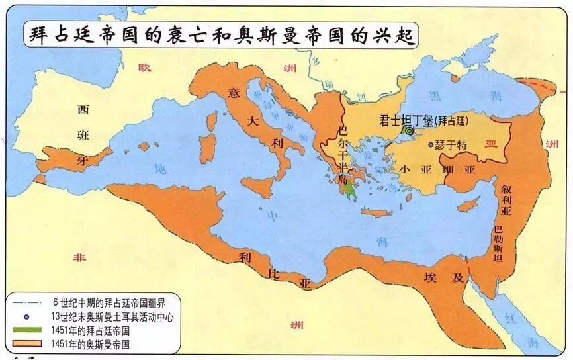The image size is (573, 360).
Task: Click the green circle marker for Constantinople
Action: [x=410, y=131]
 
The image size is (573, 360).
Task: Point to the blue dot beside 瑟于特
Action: [x=431, y=144]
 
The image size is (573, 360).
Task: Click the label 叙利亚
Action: [x=506, y=197]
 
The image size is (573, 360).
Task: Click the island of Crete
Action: [x=378, y=212]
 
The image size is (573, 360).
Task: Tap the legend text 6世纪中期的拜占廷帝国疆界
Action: [x=112, y=303]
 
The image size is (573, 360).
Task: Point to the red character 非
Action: [x=80, y=257]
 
